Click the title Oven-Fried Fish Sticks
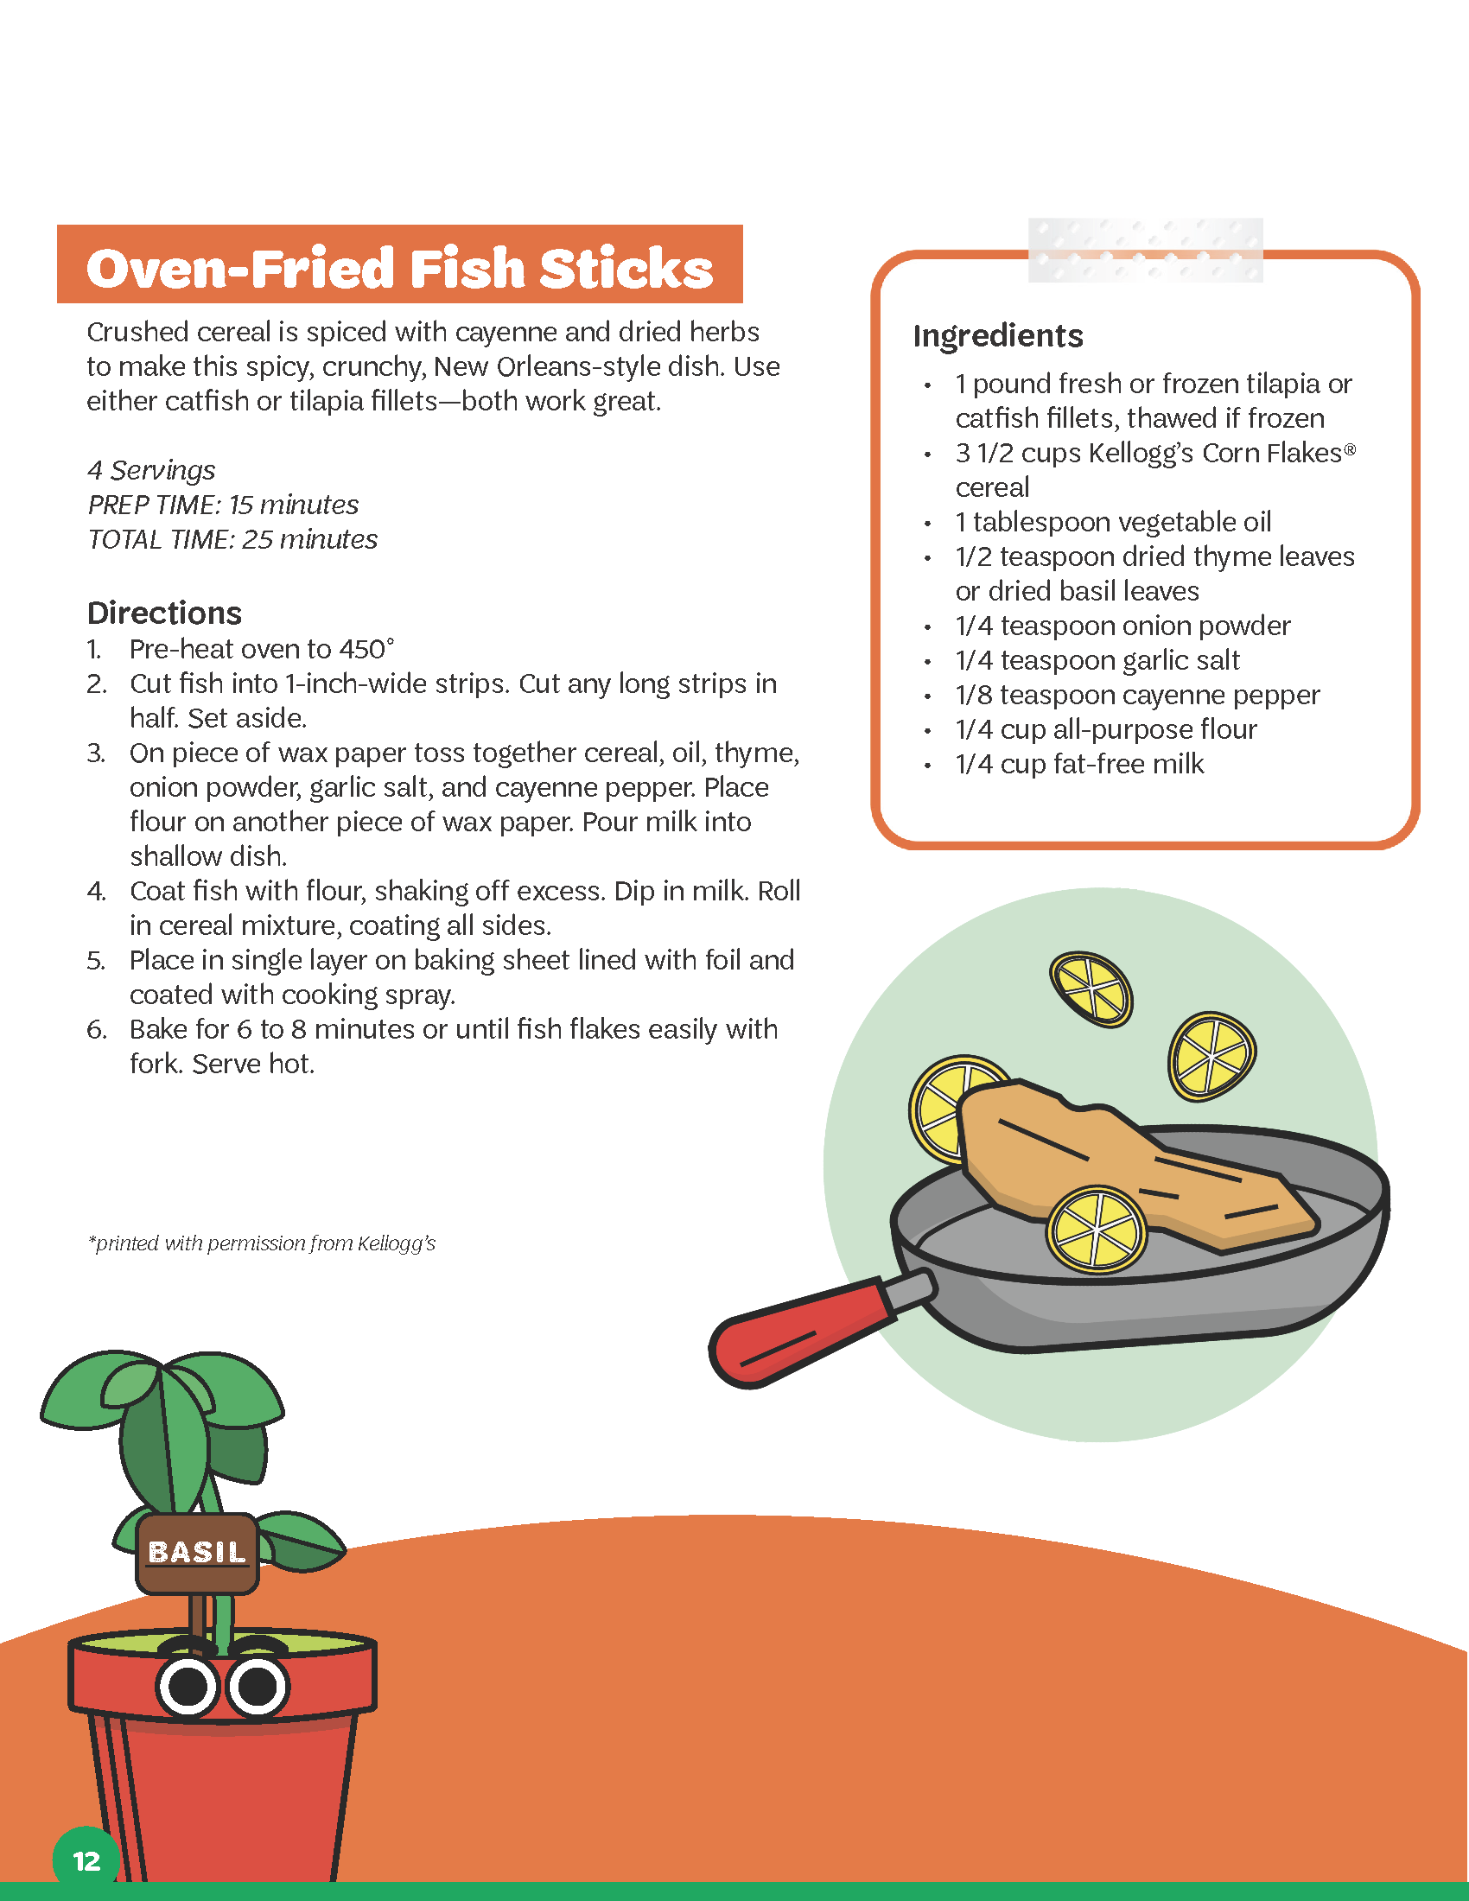point(399,267)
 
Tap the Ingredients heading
point(997,336)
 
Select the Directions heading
point(164,614)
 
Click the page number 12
point(86,1861)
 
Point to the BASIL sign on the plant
point(198,1552)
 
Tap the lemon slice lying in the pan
point(1097,1228)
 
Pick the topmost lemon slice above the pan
point(1091,989)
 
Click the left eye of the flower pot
point(188,1687)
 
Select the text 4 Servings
point(151,471)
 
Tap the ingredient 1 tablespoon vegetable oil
point(1112,522)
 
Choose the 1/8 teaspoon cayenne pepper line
point(1136,696)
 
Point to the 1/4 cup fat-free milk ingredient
point(1079,764)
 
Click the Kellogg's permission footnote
point(261,1243)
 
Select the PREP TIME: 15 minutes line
point(223,505)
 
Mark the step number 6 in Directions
point(96,1030)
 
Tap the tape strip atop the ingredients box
point(1145,250)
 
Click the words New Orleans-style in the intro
point(546,366)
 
